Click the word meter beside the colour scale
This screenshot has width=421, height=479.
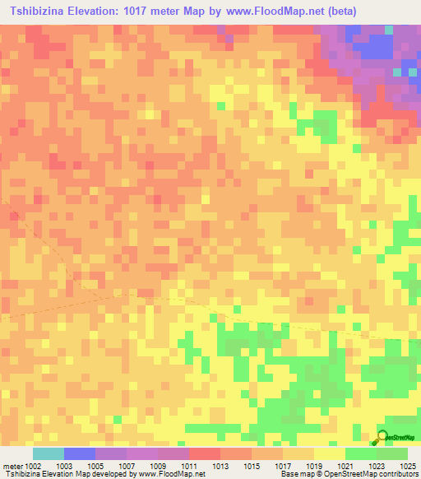12,467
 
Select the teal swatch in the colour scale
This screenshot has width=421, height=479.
49,453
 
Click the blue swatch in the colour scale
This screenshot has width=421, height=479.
80,453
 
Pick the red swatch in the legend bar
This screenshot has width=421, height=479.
205,453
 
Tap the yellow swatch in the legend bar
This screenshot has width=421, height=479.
330,453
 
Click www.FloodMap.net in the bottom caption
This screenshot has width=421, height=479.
173,475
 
